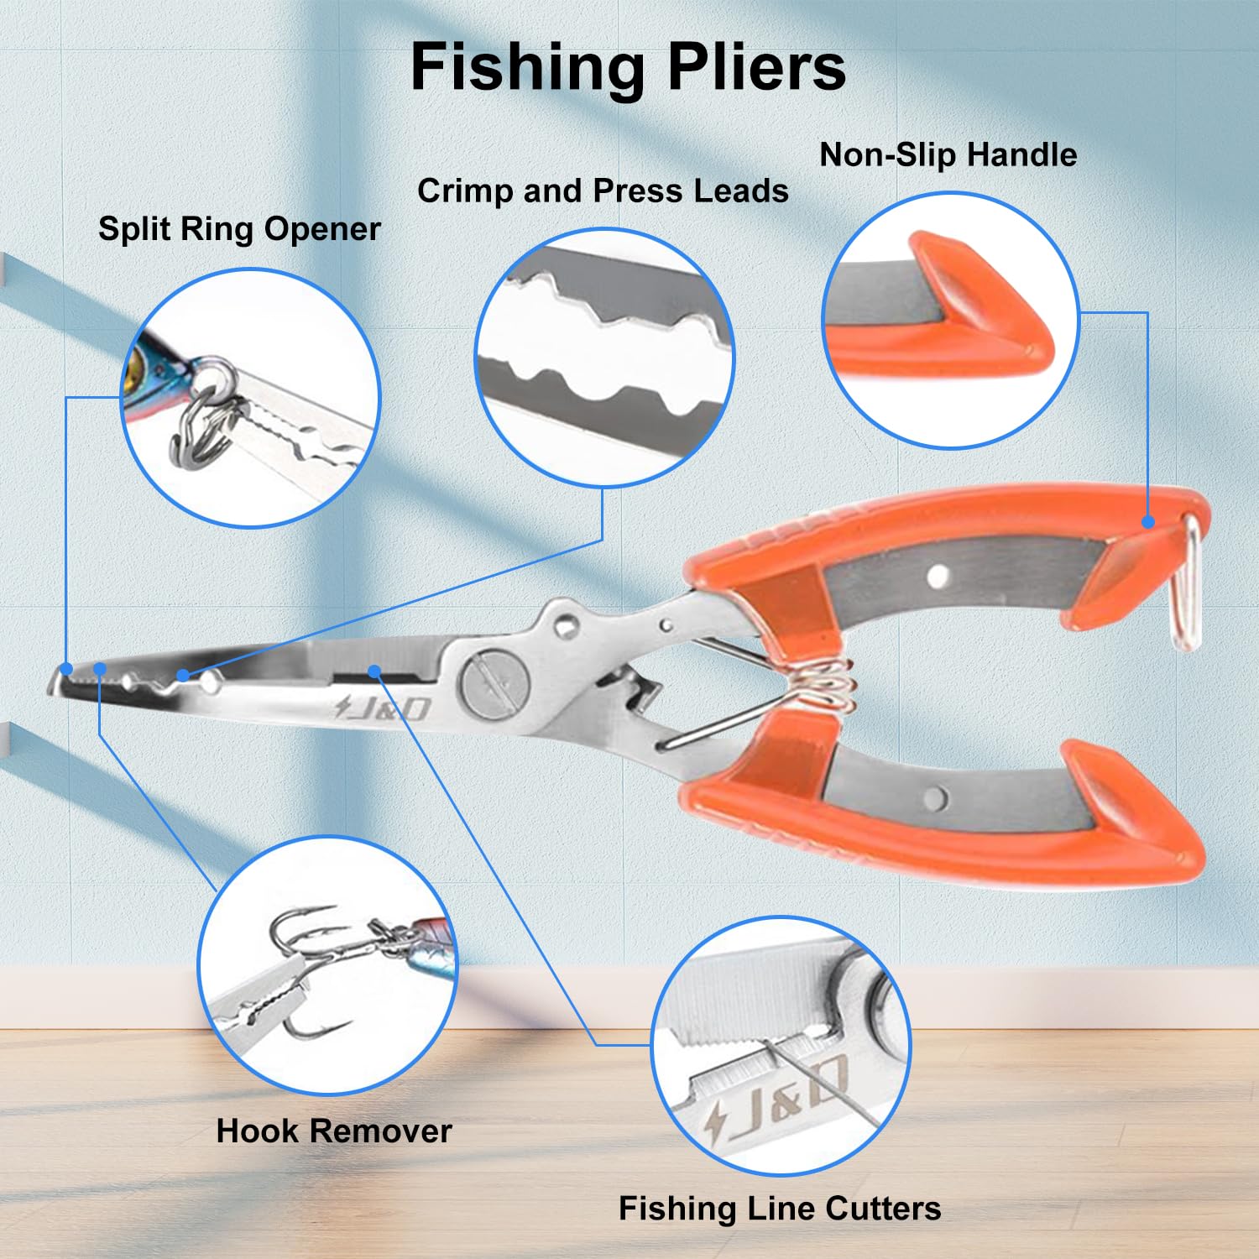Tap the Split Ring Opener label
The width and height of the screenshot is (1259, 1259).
coord(239,229)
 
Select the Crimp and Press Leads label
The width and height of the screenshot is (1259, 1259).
coord(603,191)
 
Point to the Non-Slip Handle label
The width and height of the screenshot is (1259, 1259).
coord(948,154)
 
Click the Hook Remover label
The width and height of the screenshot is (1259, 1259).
coord(334,1131)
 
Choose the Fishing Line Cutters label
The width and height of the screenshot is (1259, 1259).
coord(780,1209)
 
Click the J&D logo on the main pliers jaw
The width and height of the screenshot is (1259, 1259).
coord(384,708)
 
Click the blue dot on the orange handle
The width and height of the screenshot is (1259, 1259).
coord(1148,522)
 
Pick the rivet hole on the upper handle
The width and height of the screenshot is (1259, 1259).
coord(938,576)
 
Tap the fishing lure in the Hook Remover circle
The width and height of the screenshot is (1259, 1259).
coord(420,944)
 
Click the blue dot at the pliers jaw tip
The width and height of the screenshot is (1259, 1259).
coord(66,669)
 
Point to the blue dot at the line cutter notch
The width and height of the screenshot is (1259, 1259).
coord(374,671)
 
